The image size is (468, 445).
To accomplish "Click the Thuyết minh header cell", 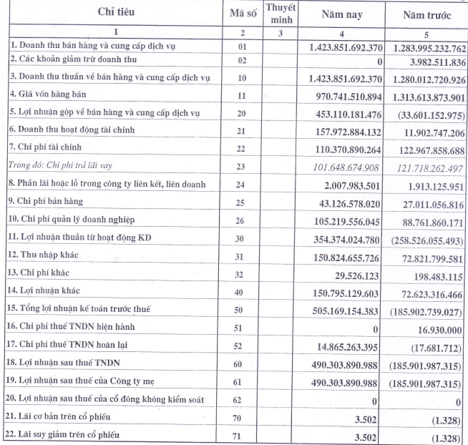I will [281, 13].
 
